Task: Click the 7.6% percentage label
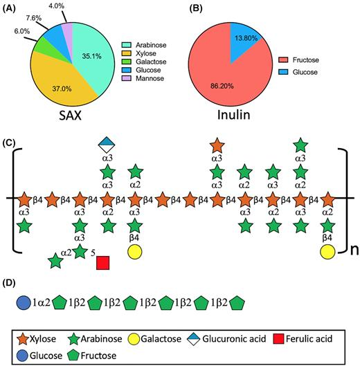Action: (34, 18)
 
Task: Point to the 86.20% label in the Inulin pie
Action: (222, 86)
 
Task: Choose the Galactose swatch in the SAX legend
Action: (126, 62)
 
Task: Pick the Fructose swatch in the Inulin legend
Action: (283, 60)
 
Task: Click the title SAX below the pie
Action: (70, 116)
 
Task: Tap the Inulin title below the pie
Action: (233, 115)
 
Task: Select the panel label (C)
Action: (8, 143)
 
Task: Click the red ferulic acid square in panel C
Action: (102, 263)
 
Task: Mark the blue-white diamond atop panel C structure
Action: (107, 145)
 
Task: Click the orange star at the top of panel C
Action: (217, 145)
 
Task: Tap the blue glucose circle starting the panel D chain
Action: (24, 303)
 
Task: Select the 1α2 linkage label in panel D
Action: (41, 303)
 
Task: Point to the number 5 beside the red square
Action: (93, 253)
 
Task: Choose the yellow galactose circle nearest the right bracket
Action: (327, 252)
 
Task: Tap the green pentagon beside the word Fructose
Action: (73, 356)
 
